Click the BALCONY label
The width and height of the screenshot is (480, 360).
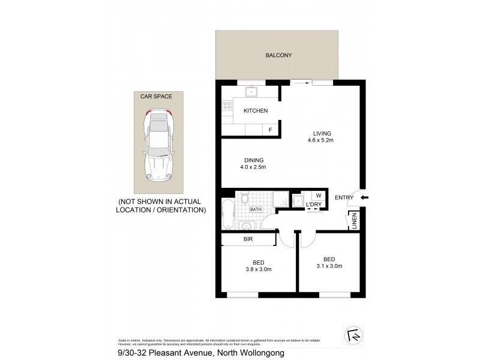tap(278, 56)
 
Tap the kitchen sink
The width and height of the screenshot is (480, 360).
tap(253, 92)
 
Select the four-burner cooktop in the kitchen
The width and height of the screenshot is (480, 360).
tap(228, 105)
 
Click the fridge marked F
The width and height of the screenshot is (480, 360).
tap(270, 130)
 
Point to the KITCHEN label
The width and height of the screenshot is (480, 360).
tap(255, 111)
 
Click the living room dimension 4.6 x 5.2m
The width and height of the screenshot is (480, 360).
tap(318, 140)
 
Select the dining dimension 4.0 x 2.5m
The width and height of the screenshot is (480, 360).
tap(254, 167)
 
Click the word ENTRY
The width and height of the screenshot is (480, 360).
tap(344, 197)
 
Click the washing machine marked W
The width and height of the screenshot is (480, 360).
tap(318, 196)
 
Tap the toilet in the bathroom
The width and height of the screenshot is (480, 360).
tap(245, 199)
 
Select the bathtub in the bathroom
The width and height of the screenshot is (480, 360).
tap(227, 215)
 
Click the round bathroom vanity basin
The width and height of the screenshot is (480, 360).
tap(245, 226)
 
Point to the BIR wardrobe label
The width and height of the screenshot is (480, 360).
tap(248, 239)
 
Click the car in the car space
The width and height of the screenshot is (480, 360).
tap(158, 145)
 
